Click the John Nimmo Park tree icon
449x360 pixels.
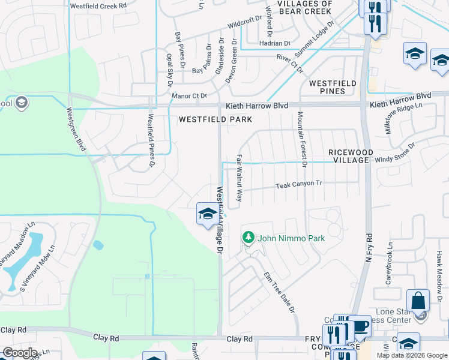click(249, 238)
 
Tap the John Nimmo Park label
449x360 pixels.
click(291, 238)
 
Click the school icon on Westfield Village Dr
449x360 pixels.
click(208, 214)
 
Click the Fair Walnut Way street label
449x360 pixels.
click(239, 178)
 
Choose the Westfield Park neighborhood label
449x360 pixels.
click(214, 119)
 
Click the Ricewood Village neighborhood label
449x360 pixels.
click(348, 157)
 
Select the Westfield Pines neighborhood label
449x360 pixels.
click(332, 87)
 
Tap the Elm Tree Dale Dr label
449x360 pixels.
click(279, 292)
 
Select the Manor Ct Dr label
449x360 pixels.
click(188, 95)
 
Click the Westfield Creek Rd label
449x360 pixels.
click(98, 5)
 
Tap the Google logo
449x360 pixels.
click(20, 353)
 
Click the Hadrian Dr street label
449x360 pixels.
click(274, 43)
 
